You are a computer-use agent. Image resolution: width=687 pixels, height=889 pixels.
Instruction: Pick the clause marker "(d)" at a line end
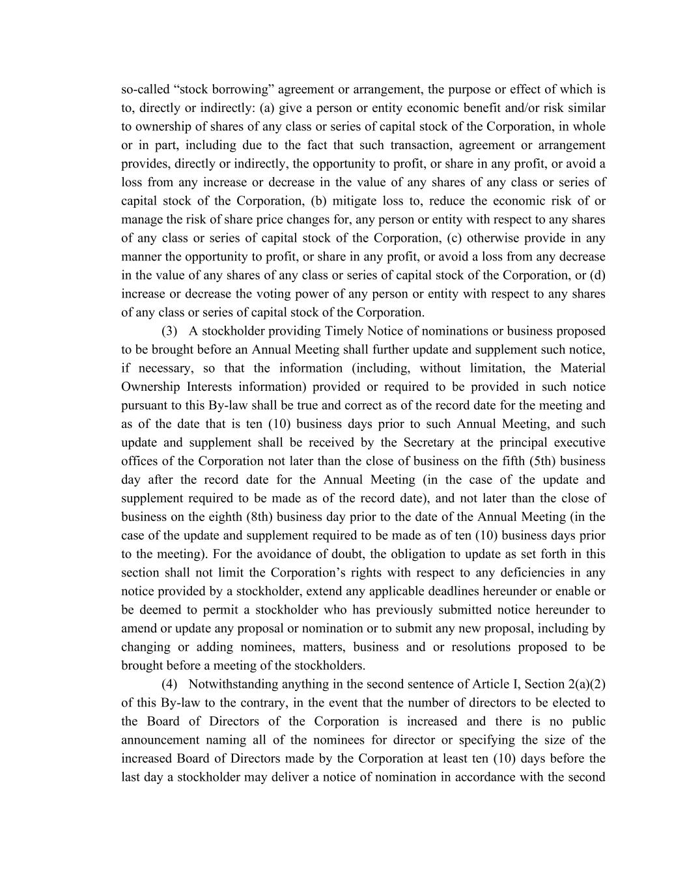pos(596,275)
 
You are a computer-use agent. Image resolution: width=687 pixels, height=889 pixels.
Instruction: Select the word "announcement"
pos(160,740)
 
